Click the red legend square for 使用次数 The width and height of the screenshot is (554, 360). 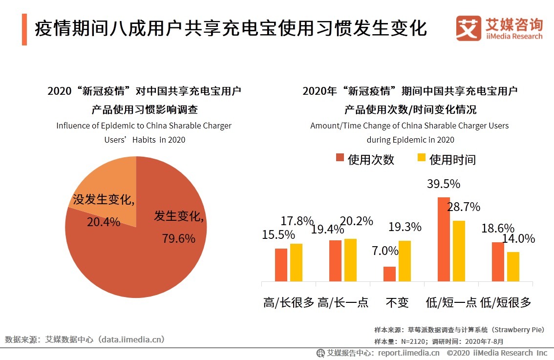(340, 158)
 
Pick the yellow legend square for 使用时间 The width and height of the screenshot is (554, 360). (421, 158)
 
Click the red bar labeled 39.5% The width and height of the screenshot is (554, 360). (444, 239)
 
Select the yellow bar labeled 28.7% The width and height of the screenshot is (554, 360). (459, 251)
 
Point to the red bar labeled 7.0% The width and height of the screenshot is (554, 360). (389, 274)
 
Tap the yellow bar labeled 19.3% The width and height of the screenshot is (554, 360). (405, 261)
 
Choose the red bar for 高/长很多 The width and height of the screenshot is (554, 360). (281, 265)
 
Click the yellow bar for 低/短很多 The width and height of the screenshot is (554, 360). (513, 266)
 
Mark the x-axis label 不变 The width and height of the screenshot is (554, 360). (397, 302)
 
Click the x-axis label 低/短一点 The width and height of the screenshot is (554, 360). (451, 302)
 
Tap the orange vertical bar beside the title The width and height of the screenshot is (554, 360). (24, 30)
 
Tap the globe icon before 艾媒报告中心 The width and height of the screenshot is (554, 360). (320, 353)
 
